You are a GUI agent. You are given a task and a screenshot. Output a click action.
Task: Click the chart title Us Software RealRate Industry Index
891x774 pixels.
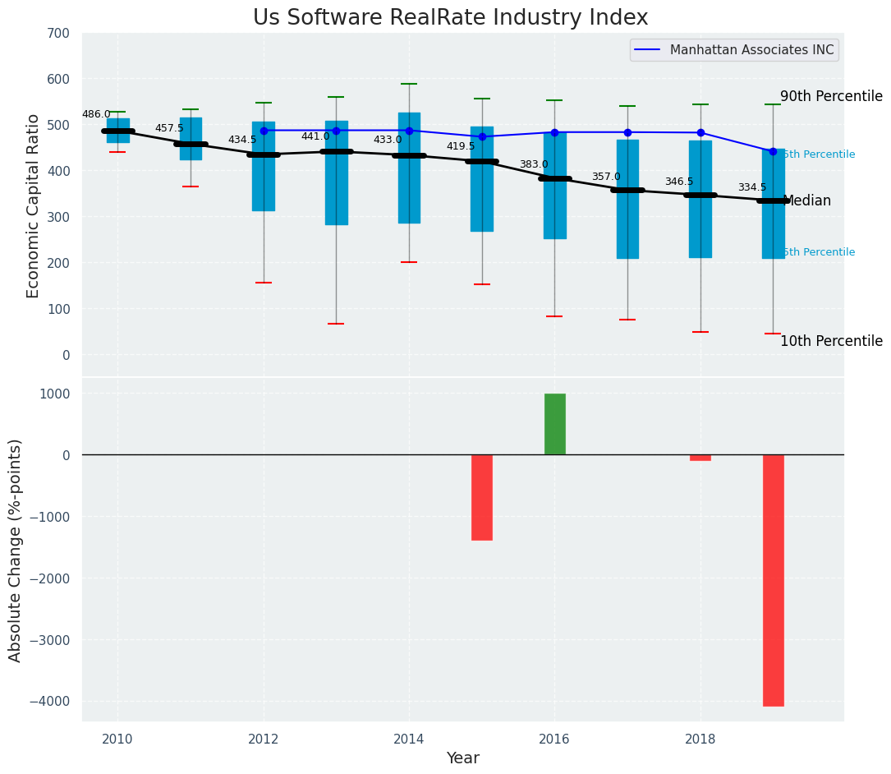pos(450,18)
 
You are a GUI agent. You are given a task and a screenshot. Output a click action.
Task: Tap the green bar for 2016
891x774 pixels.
pos(554,424)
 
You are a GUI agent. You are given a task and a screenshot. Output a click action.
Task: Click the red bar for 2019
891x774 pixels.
pos(773,579)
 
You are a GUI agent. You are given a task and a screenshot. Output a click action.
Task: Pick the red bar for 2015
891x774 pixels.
pos(482,497)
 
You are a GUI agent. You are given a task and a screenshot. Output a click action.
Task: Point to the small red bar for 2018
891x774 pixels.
pos(700,458)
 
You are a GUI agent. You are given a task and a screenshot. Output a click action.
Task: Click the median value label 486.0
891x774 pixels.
pos(96,115)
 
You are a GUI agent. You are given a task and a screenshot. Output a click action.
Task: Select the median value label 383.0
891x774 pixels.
pos(534,165)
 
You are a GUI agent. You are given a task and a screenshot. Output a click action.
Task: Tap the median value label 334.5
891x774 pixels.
pos(752,188)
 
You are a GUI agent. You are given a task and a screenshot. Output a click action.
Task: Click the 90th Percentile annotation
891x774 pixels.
pos(831,96)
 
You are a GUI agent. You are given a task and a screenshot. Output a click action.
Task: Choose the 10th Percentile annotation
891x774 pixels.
pos(831,341)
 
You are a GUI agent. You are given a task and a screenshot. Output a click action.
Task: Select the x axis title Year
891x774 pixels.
pos(462,758)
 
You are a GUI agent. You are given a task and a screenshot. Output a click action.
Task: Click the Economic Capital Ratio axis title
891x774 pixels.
pos(34,205)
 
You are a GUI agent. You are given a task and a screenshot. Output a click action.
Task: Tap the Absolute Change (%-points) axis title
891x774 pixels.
pos(16,550)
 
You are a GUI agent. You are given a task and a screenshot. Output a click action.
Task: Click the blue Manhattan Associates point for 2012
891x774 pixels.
pos(264,131)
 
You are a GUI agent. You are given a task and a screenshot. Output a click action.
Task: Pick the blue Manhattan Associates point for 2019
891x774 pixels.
pos(773,151)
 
